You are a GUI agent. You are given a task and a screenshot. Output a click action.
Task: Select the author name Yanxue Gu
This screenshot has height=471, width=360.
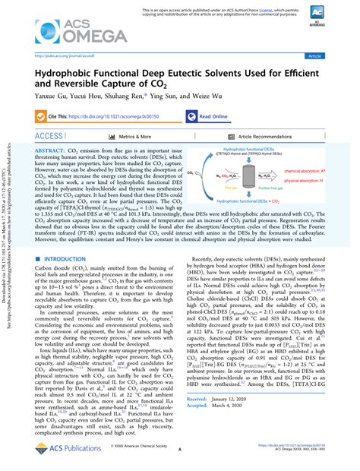[x=50, y=97]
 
